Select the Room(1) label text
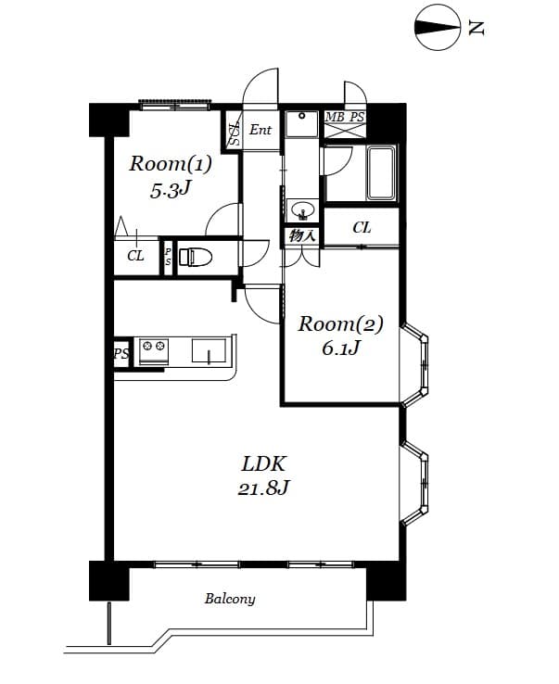coord(170,165)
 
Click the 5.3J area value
coord(170,191)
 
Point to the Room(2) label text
coord(340,324)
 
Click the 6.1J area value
coord(340,349)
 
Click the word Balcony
coord(230,599)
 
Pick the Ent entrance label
coord(260,131)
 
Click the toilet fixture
coord(196,257)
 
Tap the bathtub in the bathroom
coord(381,173)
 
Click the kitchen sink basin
coord(209,351)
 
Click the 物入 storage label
coord(302,235)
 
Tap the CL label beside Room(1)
coord(135,257)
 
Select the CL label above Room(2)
coord(362,227)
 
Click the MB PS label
coord(345,117)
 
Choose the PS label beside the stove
coord(121,353)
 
